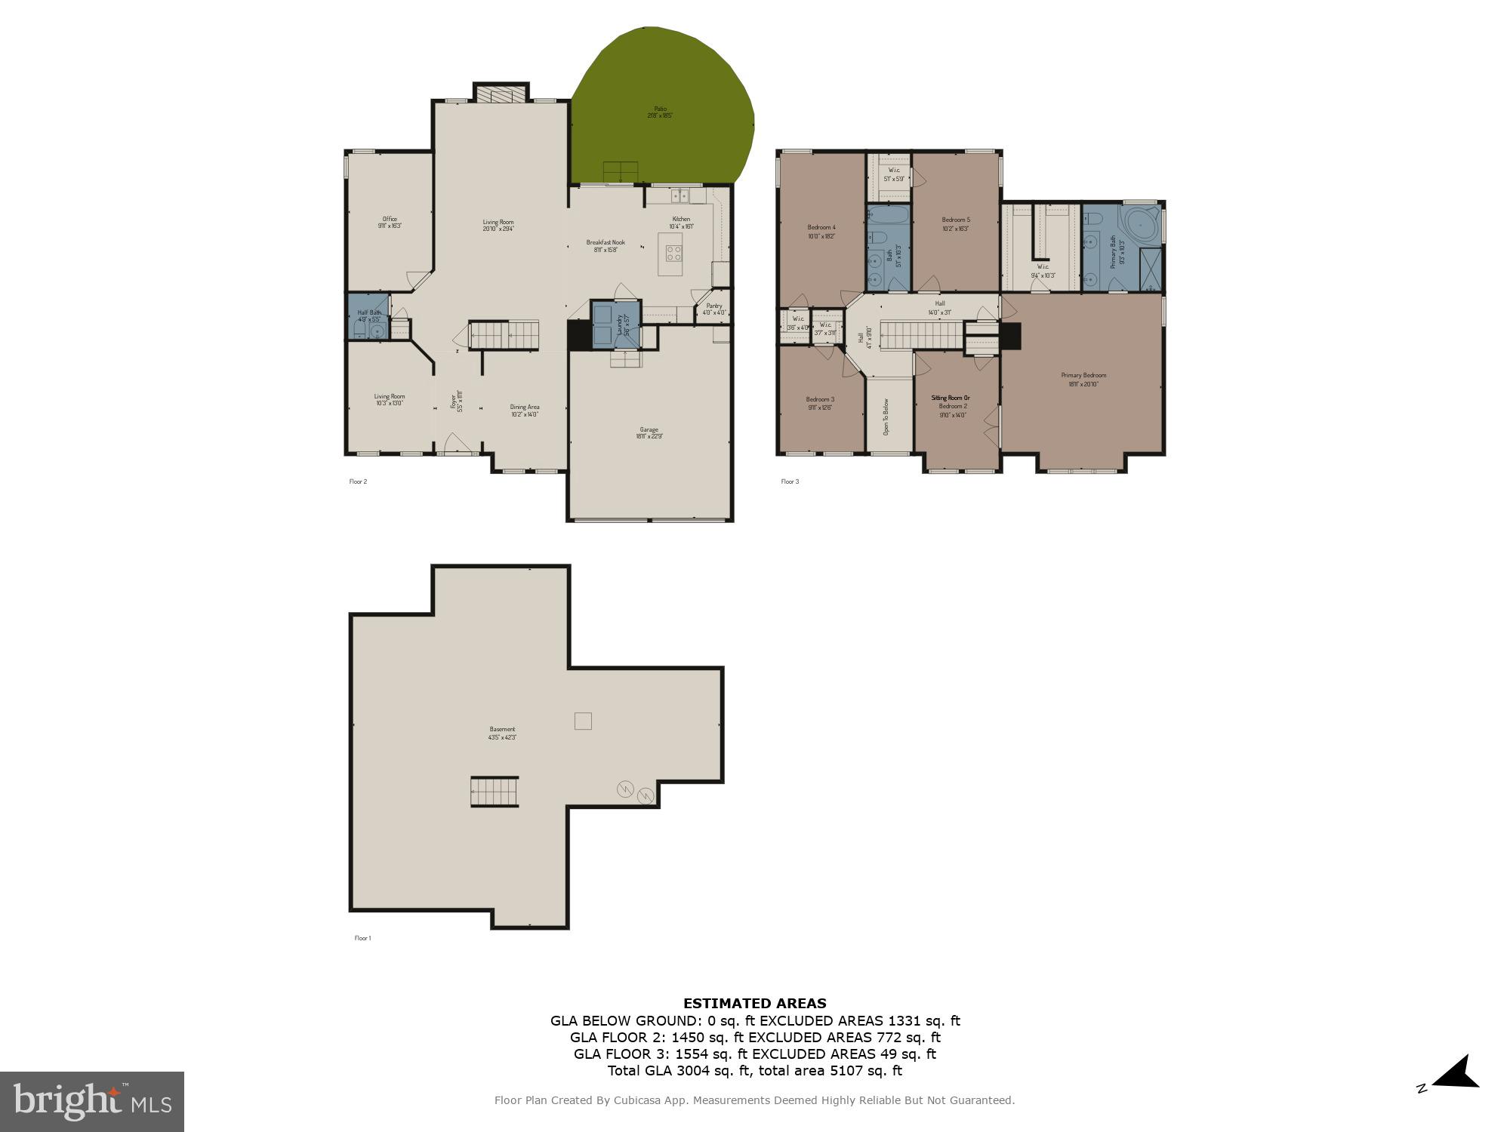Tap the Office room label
point(390,222)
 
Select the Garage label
point(649,432)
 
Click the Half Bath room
point(370,316)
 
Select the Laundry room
point(616,325)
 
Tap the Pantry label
point(713,309)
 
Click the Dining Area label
point(525,410)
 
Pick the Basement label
point(502,733)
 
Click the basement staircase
point(495,792)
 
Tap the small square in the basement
point(583,721)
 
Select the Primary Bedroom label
point(1083,379)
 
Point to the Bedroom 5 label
point(956,223)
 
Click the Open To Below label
point(887,416)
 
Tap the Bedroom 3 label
point(820,403)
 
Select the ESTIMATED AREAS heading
point(754,1003)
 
